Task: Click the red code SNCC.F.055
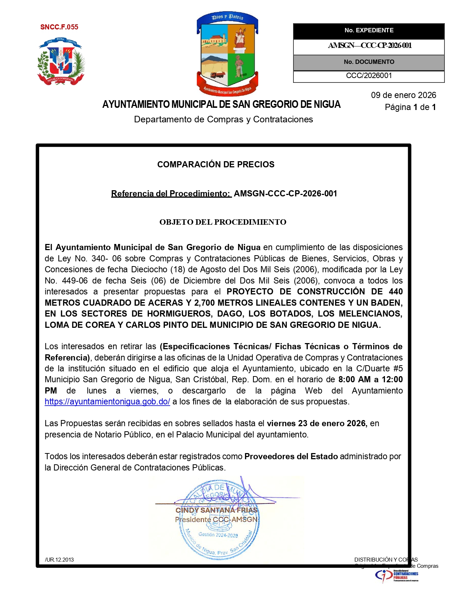point(59,27)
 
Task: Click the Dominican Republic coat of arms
point(61,62)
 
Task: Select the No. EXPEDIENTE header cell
point(369,30)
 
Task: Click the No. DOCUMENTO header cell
point(369,62)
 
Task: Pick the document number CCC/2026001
point(369,76)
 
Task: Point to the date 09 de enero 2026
point(403,95)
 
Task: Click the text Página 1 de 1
point(410,107)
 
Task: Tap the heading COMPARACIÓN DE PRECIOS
point(216,164)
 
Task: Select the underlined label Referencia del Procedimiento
point(171,193)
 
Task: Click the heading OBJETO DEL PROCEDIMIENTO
point(223,222)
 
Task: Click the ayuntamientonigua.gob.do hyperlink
point(107,402)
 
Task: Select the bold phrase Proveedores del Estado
point(291,456)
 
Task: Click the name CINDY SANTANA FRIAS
point(216,510)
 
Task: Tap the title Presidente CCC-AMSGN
point(216,519)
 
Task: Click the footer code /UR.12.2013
point(59,559)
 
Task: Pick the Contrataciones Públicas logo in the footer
point(397,575)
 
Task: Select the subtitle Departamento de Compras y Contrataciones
point(223,119)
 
